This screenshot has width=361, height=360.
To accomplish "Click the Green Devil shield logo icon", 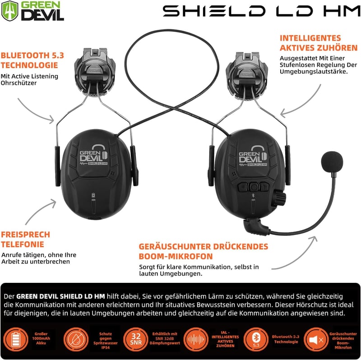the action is pos(9,10).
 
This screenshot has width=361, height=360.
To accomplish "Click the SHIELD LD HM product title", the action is pos(262,11).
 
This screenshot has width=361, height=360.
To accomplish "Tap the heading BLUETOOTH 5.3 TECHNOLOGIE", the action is pos(32,60).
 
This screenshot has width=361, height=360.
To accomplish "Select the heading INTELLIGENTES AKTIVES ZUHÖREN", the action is pos(319,43).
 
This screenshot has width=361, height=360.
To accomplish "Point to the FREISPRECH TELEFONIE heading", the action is pos(26,240).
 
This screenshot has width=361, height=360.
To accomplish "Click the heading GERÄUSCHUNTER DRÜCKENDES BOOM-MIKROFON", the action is pos(204,251).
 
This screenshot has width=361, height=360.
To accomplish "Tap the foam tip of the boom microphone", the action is pos(332,162).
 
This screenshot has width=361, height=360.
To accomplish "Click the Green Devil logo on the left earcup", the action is pos(94,155).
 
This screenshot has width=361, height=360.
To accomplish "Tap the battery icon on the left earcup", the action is pos(93,195).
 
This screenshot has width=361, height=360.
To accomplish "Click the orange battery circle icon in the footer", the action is pos(16,340).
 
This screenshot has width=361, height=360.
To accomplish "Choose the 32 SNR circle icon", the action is pos(136,340).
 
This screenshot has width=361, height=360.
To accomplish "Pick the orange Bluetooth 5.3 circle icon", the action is pos(256,340).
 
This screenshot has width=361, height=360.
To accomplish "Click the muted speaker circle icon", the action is pos(316,340).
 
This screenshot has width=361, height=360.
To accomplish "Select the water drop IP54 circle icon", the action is pos(76,340).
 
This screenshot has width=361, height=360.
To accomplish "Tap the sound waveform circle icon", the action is pos(196,340).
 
